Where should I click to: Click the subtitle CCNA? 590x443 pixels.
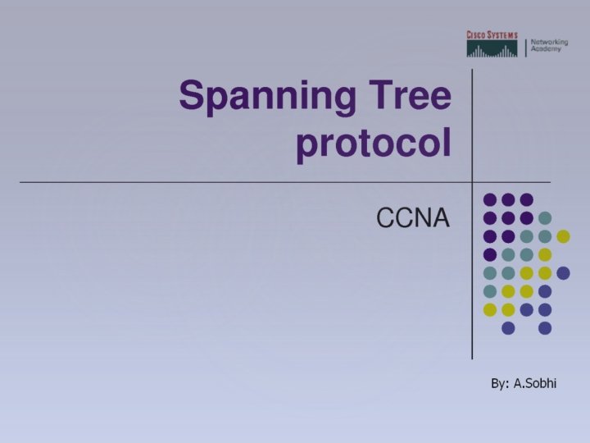pos(413,217)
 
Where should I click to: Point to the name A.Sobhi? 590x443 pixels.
pos(535,383)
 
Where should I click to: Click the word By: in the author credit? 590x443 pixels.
pos(500,383)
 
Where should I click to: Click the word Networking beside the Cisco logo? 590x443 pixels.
pos(549,42)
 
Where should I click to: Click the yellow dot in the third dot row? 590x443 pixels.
pos(563,236)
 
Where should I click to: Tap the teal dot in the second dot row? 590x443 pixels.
pos(545,217)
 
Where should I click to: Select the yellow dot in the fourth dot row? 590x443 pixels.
pos(545,254)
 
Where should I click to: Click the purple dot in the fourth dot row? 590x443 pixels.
pos(490,254)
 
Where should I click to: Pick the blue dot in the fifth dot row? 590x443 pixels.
pos(563,272)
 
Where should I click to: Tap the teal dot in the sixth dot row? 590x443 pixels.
pos(490,291)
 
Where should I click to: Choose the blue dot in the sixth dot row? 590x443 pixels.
pos(545,291)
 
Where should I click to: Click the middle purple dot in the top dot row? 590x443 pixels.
pos(508,199)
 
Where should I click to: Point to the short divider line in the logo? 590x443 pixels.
pos(524,47)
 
